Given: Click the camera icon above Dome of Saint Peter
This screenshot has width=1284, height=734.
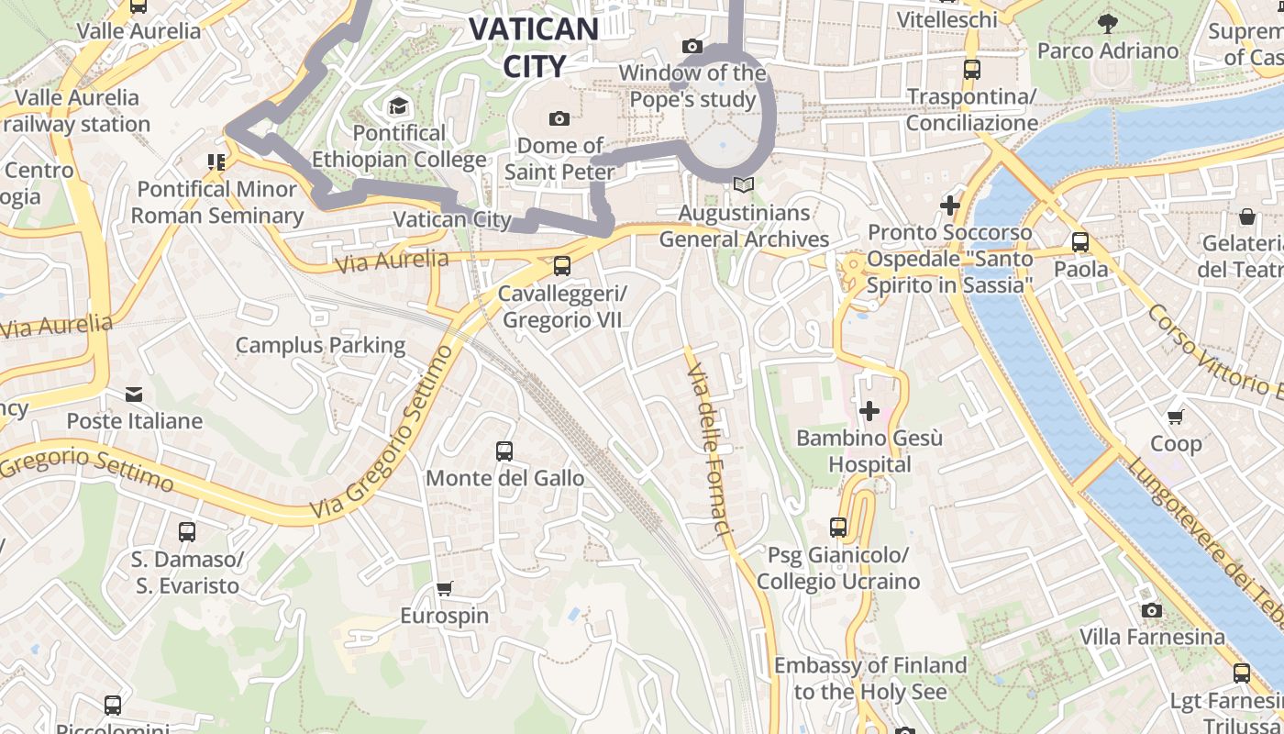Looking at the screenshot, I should (559, 118).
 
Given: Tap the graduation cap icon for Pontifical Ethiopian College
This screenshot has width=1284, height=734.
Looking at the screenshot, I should (397, 106).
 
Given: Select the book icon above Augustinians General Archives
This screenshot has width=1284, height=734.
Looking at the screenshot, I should (743, 185).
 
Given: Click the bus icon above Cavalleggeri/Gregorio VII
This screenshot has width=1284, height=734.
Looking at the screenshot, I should (561, 266).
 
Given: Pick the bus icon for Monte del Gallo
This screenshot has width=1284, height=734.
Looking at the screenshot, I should (504, 450).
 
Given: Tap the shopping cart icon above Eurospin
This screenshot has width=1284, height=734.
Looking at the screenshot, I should (445, 588).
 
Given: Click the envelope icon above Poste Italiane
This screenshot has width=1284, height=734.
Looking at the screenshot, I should (134, 395).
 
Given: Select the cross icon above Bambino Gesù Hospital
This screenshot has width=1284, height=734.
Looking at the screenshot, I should (869, 411).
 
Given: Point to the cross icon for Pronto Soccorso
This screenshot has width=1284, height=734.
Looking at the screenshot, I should (949, 206).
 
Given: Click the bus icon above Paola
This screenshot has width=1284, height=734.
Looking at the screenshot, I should (1080, 242).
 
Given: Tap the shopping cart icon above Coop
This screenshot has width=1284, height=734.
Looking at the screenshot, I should (1176, 417).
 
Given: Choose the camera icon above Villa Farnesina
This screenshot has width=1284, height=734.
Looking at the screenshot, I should (1151, 610).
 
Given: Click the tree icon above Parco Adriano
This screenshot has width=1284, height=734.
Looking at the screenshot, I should (1107, 23).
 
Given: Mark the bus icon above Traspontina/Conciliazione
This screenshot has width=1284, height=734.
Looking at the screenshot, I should (971, 69).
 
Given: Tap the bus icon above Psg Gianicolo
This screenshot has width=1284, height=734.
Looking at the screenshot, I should (837, 528).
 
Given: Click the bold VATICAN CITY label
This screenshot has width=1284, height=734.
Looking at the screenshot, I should (535, 46).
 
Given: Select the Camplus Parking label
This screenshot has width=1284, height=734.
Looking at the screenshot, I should (320, 345).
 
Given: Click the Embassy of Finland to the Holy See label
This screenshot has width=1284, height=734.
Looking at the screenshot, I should (870, 678).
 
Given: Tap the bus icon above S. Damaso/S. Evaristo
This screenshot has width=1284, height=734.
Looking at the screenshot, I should (186, 531).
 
